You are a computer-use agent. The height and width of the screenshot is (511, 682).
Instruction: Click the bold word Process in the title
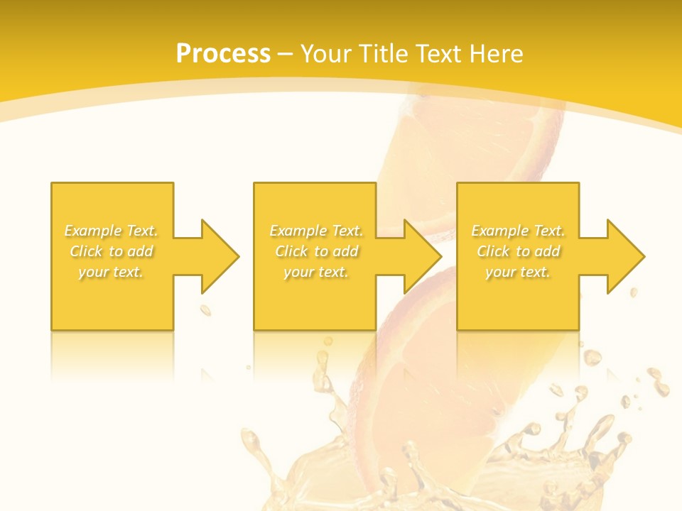click(223, 54)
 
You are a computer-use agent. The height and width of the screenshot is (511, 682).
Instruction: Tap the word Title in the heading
click(384, 54)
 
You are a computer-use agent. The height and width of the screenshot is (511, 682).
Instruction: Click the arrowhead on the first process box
click(220, 256)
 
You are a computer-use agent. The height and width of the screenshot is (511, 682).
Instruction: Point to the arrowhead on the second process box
click(423, 256)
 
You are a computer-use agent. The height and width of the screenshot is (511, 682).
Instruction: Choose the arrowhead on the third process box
click(626, 256)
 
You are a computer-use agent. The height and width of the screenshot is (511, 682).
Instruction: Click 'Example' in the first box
click(92, 231)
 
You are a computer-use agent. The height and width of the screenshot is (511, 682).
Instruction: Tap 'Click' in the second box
click(292, 251)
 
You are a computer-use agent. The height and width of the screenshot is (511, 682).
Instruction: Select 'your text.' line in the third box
click(517, 272)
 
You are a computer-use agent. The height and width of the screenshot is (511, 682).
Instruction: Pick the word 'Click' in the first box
click(87, 251)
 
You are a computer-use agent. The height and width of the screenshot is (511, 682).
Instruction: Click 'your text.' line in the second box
click(315, 272)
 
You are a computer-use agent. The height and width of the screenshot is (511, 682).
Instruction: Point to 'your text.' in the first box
click(111, 272)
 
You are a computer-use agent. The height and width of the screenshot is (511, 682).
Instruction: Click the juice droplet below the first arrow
click(205, 310)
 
